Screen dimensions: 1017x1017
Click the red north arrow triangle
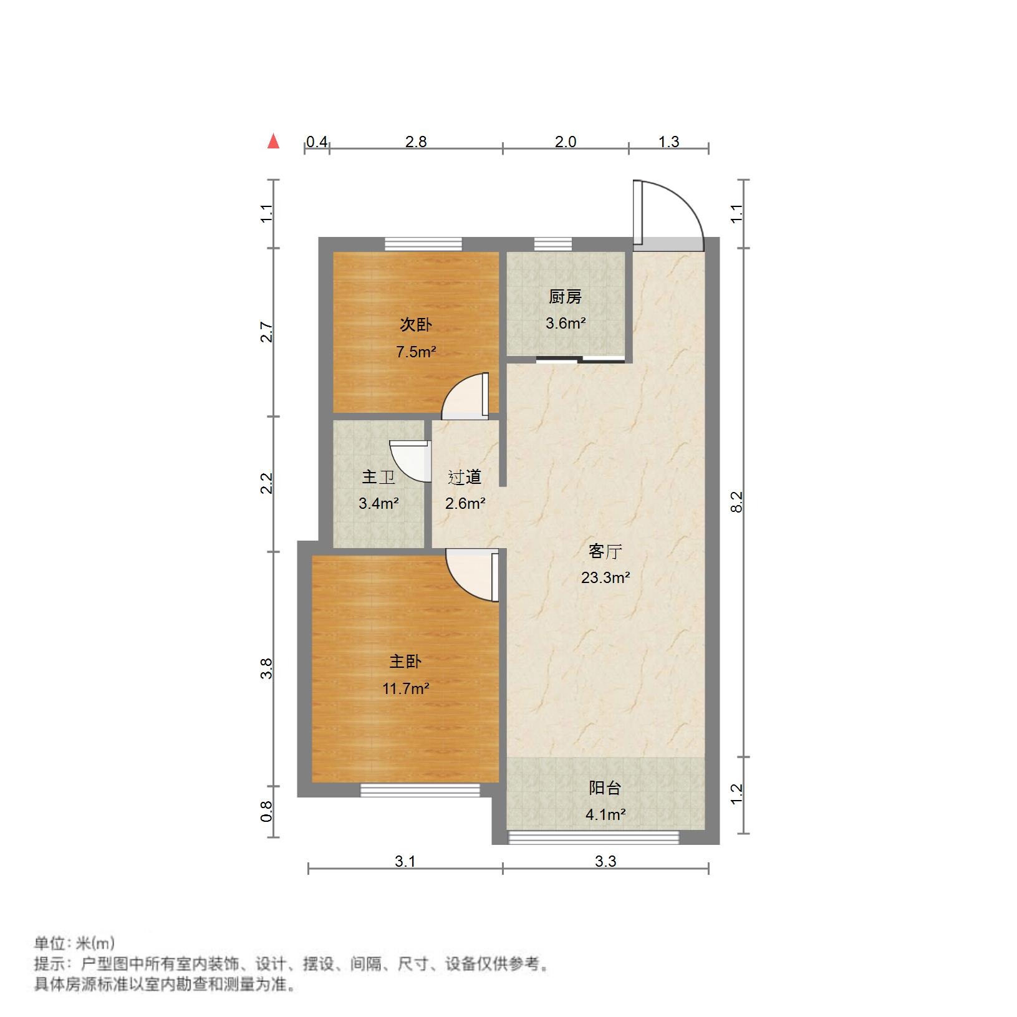273,142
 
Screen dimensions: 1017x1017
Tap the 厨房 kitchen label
565,297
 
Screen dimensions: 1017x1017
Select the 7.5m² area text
416,352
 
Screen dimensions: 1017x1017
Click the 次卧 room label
415,325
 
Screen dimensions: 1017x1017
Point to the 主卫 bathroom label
378,478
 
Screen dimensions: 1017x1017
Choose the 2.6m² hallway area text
465,503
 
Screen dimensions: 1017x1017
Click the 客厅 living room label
605,551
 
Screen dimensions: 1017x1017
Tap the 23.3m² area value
605,578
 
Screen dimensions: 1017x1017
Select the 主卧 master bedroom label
405,662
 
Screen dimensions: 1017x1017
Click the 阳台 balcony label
605,788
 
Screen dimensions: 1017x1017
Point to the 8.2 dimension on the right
737,501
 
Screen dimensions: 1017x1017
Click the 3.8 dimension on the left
267,668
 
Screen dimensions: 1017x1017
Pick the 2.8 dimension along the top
416,142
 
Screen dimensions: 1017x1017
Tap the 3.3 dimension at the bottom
605,861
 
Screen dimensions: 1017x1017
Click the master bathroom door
412,460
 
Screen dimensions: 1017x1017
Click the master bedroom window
420,790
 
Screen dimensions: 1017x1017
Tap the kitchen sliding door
580,359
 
